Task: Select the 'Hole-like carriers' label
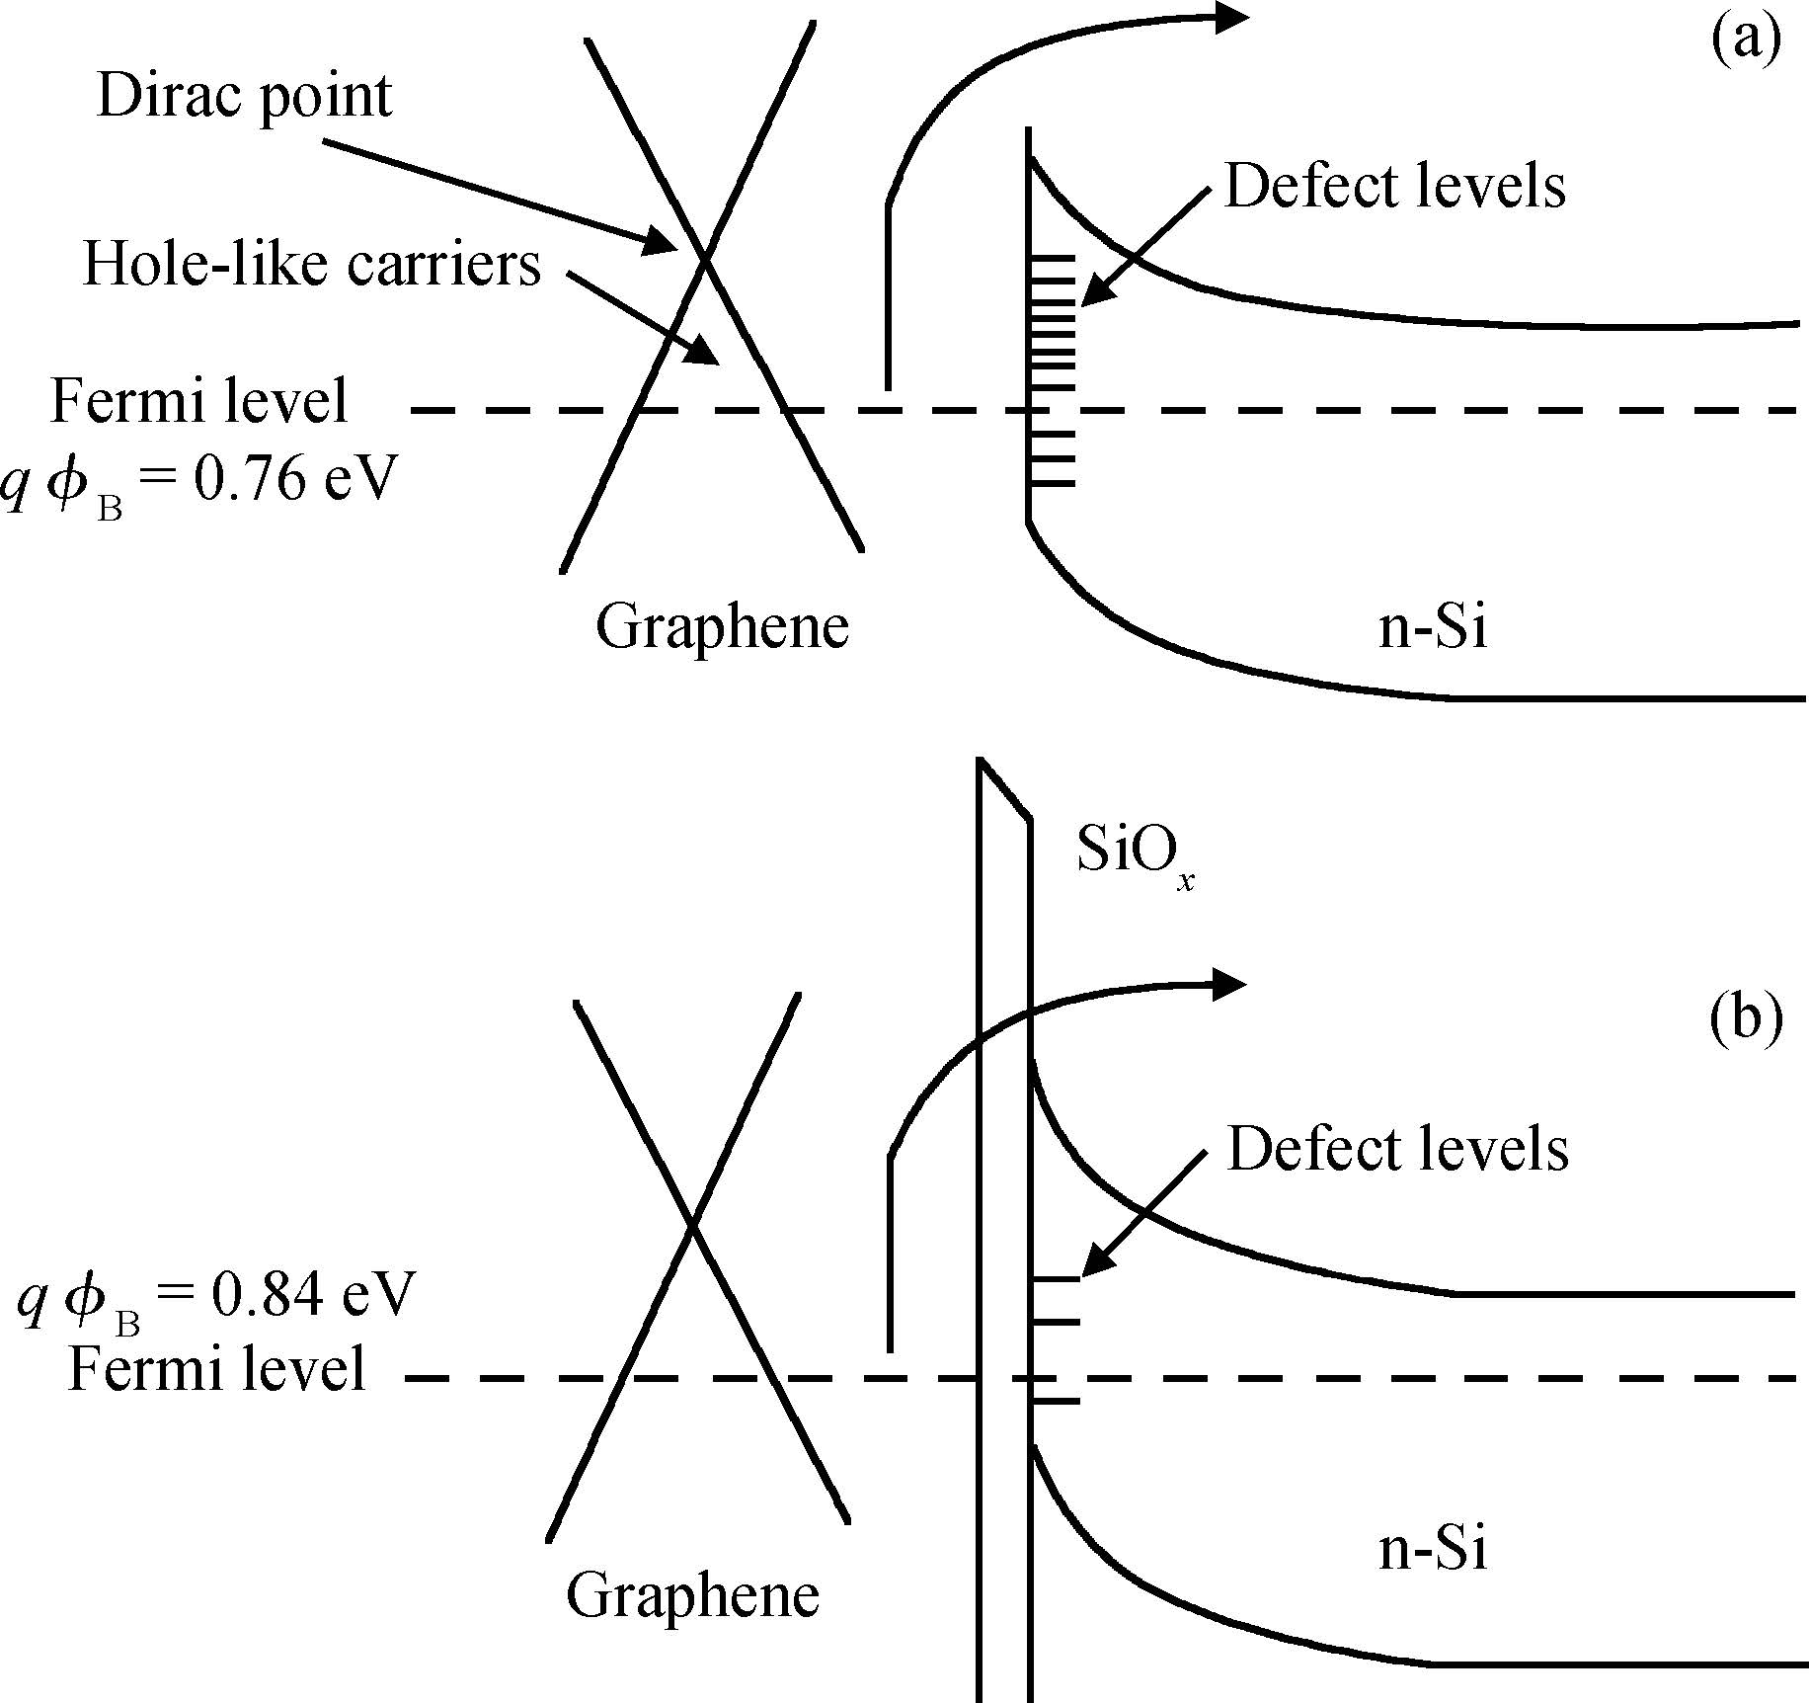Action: (x=312, y=266)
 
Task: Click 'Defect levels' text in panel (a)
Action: (x=1394, y=187)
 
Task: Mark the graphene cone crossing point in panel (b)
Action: (x=693, y=1228)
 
